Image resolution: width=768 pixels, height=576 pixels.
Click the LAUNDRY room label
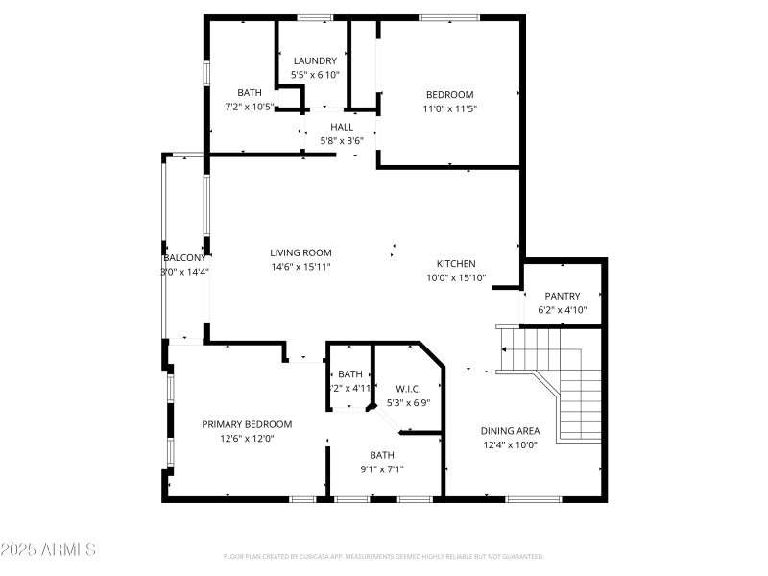pyautogui.click(x=315, y=60)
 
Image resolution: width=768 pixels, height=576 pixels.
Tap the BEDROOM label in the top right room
pyautogui.click(x=450, y=94)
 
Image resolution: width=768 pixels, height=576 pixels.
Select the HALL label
pyautogui.click(x=342, y=127)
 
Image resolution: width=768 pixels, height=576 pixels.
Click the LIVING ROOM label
pyautogui.click(x=300, y=252)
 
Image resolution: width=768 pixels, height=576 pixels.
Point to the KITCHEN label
pyautogui.click(x=456, y=263)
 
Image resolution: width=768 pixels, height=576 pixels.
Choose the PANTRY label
pyautogui.click(x=563, y=296)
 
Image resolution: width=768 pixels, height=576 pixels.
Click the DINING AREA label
pyautogui.click(x=509, y=431)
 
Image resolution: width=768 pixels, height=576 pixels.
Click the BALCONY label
pyautogui.click(x=185, y=258)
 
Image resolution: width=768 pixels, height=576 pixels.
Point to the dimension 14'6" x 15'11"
pyautogui.click(x=300, y=267)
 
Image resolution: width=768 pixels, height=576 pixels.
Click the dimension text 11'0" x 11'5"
pyautogui.click(x=450, y=108)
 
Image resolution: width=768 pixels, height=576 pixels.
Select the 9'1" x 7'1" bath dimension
pyautogui.click(x=382, y=469)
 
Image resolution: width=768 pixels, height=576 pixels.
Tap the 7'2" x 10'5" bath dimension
pyautogui.click(x=250, y=107)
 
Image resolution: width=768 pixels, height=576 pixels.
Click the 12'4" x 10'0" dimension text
pyautogui.click(x=509, y=444)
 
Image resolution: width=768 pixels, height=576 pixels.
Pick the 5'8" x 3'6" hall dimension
pyautogui.click(x=342, y=140)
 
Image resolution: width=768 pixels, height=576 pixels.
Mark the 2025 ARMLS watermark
pyautogui.click(x=48, y=550)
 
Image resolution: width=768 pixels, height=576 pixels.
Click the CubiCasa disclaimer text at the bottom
pyautogui.click(x=384, y=556)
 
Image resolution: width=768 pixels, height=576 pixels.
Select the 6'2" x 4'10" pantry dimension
pyautogui.click(x=563, y=310)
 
